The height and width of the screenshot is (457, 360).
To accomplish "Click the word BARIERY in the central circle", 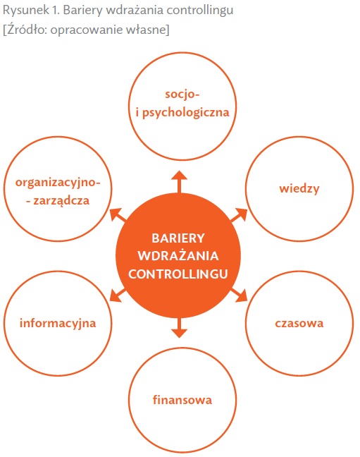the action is coord(178,238).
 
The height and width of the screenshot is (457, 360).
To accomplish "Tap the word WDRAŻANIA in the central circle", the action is coord(178,255).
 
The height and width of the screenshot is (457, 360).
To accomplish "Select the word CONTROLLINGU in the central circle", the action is coord(178,274).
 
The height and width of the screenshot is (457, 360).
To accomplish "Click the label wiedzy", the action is coord(299,188).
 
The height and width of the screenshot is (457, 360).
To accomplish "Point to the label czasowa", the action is coord(299,323).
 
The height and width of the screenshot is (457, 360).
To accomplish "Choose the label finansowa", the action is coord(182,400).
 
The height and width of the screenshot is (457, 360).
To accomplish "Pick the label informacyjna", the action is coord(58,324).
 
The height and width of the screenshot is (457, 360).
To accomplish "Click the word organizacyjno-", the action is coord(58,183).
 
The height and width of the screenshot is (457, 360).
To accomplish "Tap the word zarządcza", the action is coord(61,201).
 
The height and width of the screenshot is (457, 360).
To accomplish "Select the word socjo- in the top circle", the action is coord(182,95).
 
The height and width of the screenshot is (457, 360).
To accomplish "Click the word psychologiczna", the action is coord(185,113).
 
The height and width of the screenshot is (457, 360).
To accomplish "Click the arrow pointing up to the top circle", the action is coord(179,181).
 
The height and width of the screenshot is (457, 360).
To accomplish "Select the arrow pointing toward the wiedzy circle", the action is coord(239,215).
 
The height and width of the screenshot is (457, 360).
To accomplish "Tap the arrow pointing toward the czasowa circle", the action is coord(239,295).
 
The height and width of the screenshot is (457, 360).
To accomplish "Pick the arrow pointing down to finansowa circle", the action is coord(179,327).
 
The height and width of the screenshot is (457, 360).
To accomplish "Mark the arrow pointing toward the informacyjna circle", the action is coord(118,295).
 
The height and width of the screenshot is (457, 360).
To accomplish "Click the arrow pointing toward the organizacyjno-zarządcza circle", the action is coord(118,215).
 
